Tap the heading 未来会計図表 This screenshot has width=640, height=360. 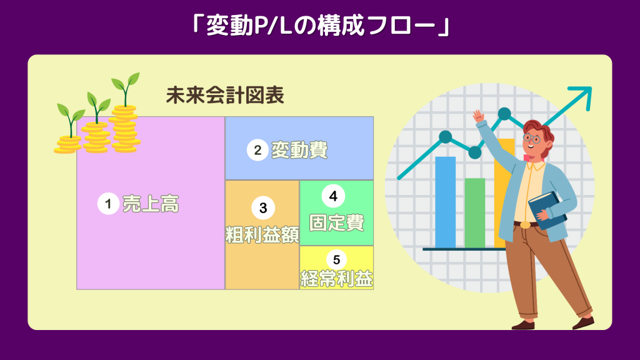(x=225, y=96)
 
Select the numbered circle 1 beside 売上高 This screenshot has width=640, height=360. (x=108, y=203)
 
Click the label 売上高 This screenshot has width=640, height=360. (x=151, y=204)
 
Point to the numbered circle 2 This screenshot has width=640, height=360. (x=257, y=150)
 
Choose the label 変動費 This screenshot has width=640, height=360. (x=299, y=150)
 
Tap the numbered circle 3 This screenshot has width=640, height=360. (x=263, y=207)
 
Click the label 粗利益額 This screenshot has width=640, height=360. (x=262, y=235)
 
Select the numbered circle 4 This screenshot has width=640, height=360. (x=333, y=196)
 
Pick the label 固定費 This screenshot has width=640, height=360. (x=337, y=223)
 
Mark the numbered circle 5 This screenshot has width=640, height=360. (x=337, y=259)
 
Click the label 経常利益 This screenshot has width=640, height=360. (x=337, y=279)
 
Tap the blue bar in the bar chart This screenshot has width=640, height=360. (x=445, y=202)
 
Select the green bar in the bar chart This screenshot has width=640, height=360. (x=475, y=212)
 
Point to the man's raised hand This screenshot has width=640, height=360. (x=478, y=116)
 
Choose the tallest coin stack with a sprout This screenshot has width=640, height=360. (x=125, y=112)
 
